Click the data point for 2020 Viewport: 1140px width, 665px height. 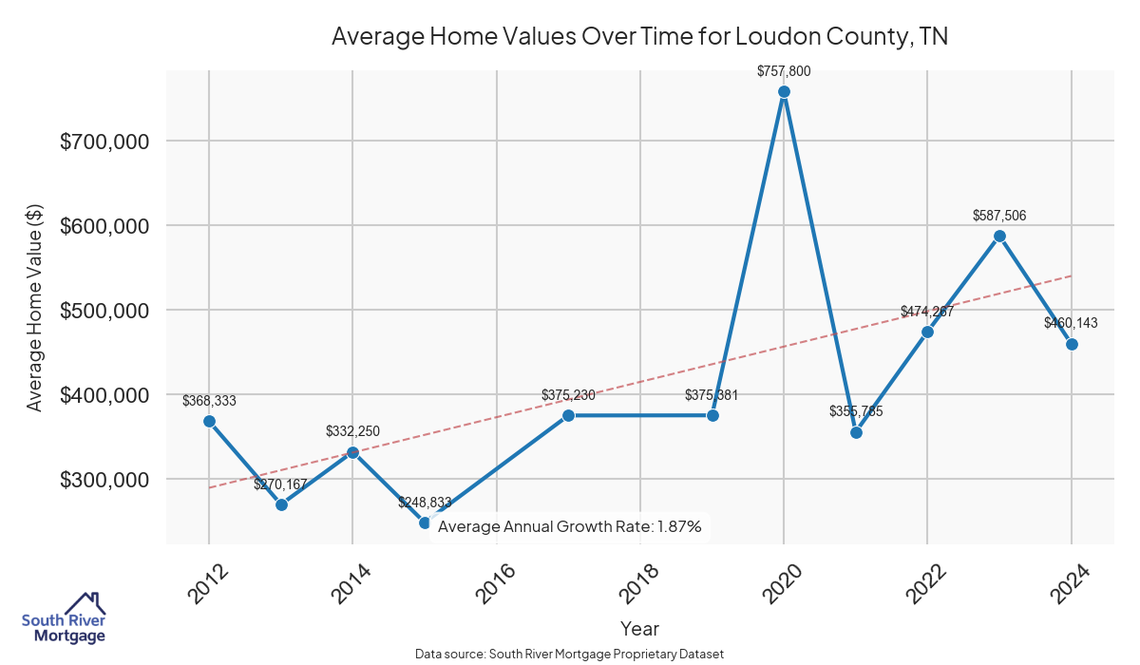(x=784, y=92)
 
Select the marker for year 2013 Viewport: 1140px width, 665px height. (x=281, y=504)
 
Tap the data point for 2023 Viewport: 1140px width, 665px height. (x=999, y=236)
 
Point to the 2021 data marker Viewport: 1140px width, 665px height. (x=856, y=432)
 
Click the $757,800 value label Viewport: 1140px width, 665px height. (x=784, y=71)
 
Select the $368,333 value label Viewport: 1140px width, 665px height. (x=209, y=401)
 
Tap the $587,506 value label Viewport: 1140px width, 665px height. (x=999, y=216)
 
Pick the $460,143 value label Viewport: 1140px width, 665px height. (x=1071, y=323)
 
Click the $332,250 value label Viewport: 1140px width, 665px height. (x=352, y=431)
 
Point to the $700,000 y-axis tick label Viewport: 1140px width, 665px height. (x=104, y=142)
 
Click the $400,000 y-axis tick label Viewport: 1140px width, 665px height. (x=104, y=395)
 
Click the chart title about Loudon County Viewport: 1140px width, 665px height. (x=639, y=37)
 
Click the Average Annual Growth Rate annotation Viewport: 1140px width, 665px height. (x=569, y=527)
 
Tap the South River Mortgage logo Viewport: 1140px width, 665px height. (x=64, y=618)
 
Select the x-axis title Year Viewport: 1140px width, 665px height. (x=639, y=628)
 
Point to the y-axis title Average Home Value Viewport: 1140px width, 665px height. (x=35, y=311)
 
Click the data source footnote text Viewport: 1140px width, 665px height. (x=569, y=655)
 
